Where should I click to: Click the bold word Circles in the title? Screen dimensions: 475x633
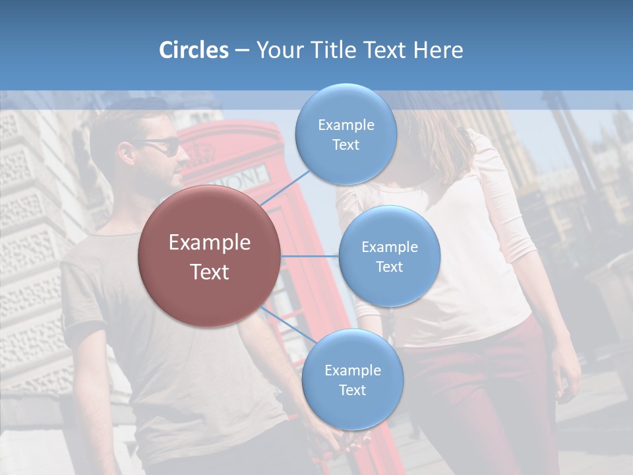pyautogui.click(x=193, y=50)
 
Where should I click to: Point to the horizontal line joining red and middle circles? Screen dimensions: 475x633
pyautogui.click(x=310, y=256)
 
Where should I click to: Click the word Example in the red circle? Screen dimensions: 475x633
pyautogui.click(x=209, y=243)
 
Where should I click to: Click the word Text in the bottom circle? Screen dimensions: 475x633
pyautogui.click(x=352, y=390)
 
